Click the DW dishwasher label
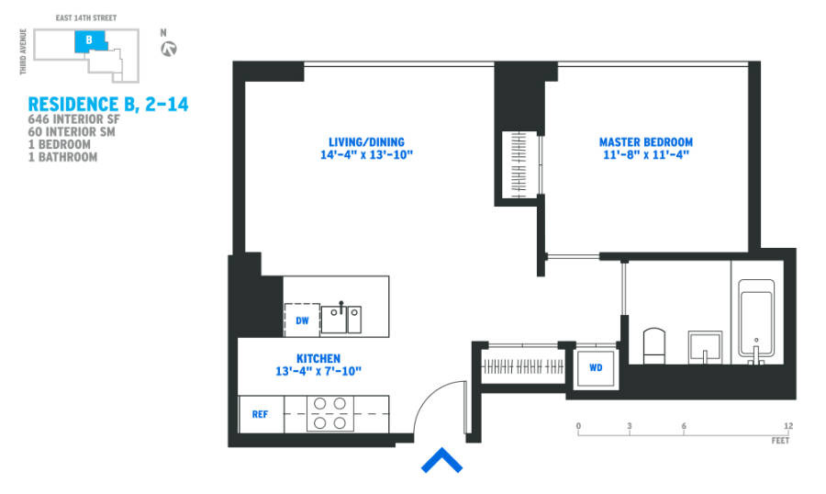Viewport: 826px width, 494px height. coord(302,320)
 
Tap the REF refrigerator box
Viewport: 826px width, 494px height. coord(261,414)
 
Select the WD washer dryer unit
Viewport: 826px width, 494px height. coord(596,368)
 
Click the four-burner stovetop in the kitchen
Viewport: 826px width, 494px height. coord(330,412)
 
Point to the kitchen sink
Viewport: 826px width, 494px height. coord(341,319)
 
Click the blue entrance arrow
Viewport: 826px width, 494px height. coord(441,461)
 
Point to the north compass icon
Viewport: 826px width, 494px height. coord(168,49)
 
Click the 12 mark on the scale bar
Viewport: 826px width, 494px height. coord(788,426)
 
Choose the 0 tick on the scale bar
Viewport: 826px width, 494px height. coord(578,426)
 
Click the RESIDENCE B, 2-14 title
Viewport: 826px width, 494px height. coord(107,105)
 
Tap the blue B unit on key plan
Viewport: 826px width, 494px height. coord(89,40)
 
